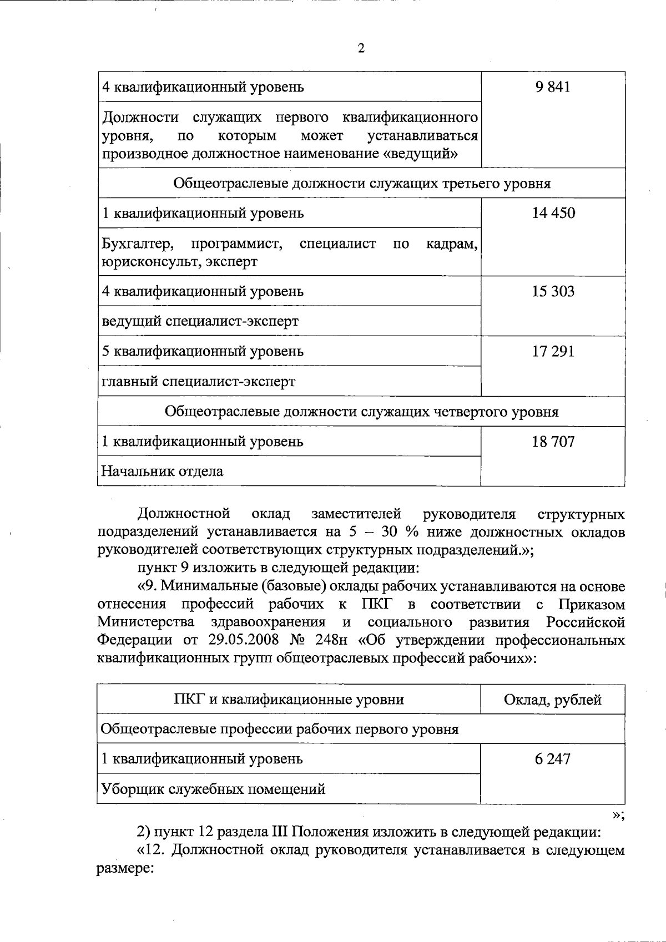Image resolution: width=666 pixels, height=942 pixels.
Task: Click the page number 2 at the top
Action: click(x=361, y=48)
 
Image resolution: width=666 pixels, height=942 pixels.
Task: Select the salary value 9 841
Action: click(x=553, y=87)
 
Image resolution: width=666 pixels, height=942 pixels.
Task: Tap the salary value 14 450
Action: click(x=553, y=213)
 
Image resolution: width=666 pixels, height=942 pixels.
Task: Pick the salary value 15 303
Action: click(x=553, y=291)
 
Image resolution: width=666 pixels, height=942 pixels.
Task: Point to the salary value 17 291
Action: click(x=553, y=351)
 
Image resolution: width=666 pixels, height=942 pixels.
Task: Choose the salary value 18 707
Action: click(x=553, y=442)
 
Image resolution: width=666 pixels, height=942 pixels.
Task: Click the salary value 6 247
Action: click(x=553, y=758)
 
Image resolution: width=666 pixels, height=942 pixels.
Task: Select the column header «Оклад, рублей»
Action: click(x=553, y=700)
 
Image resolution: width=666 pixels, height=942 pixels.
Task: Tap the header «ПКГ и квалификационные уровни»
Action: click(x=289, y=700)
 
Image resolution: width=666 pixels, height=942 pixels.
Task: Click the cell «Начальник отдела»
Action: click(x=162, y=472)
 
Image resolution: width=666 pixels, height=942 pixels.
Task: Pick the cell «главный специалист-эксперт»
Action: click(x=198, y=382)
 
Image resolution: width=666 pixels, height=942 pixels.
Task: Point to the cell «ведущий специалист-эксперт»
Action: click(x=200, y=321)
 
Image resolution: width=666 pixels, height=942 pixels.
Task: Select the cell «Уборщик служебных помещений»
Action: click(x=213, y=789)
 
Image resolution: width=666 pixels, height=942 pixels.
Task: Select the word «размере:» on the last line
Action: click(x=125, y=868)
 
